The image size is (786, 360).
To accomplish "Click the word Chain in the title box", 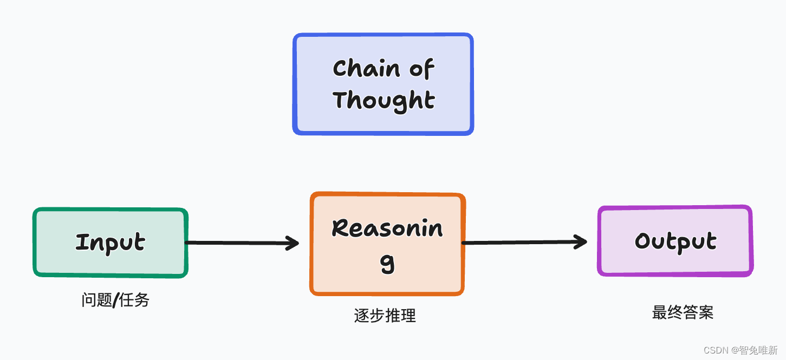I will (366, 69).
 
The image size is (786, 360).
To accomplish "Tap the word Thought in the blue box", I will (384, 101).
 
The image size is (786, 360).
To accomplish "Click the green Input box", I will (110, 243).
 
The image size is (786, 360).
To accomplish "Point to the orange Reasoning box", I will (387, 244).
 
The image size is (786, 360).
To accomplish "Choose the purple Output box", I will (675, 241).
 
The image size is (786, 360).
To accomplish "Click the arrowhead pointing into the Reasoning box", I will (293, 243).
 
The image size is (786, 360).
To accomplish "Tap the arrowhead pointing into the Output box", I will (581, 242).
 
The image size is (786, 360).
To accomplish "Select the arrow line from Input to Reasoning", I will (238, 243).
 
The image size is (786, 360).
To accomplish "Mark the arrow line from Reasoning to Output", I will (520, 243).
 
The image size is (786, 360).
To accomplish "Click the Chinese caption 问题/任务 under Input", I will (115, 300).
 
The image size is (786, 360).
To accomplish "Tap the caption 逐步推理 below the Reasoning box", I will (385, 316).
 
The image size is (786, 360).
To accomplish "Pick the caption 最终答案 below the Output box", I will (683, 312).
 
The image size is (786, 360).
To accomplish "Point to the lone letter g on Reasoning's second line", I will (387, 264).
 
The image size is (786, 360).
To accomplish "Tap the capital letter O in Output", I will (642, 241).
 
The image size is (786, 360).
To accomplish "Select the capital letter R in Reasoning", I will (340, 228).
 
